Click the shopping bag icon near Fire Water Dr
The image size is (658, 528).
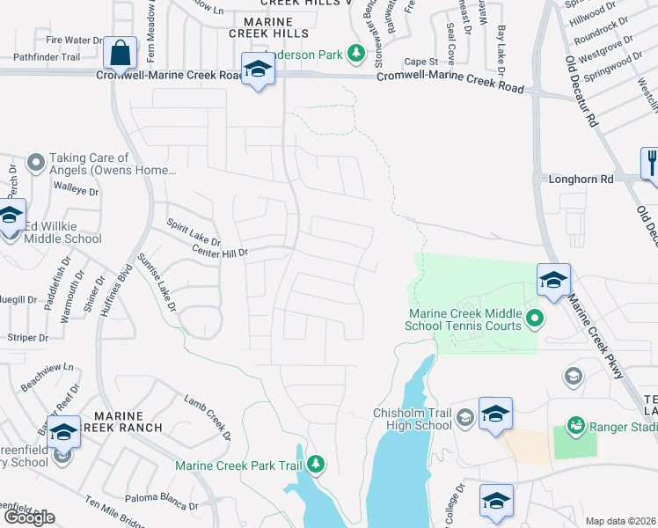click(x=119, y=53)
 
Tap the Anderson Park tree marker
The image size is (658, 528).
click(x=356, y=55)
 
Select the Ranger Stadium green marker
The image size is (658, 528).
click(x=575, y=426)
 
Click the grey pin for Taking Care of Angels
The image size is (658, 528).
click(x=35, y=163)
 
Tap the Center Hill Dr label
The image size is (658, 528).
click(x=221, y=253)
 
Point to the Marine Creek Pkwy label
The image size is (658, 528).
click(x=596, y=335)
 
